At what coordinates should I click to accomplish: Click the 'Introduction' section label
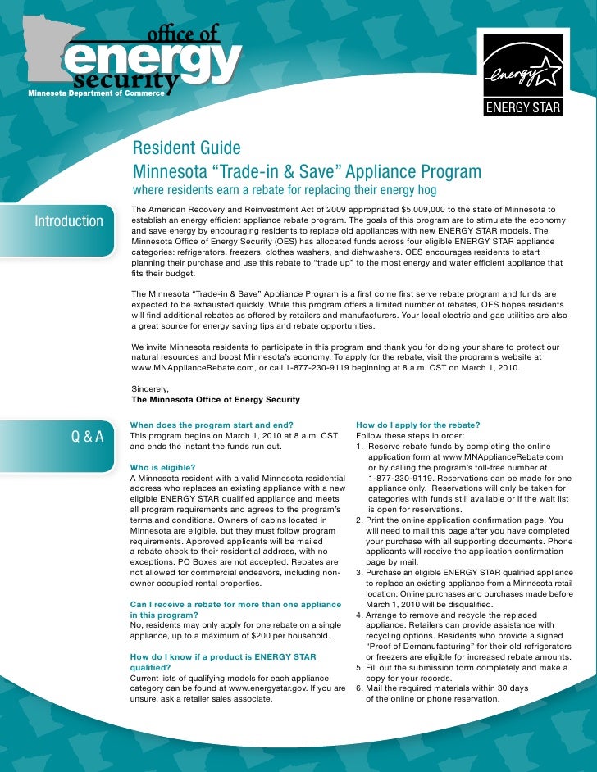point(69,221)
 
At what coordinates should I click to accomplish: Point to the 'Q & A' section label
point(88,435)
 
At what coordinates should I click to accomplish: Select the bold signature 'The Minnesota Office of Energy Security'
point(215,400)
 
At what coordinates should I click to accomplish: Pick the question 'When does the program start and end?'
point(211,425)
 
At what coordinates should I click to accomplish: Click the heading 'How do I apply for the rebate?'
point(417,425)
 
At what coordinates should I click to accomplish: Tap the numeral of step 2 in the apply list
point(359,520)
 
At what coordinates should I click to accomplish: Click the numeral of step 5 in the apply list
point(359,668)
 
